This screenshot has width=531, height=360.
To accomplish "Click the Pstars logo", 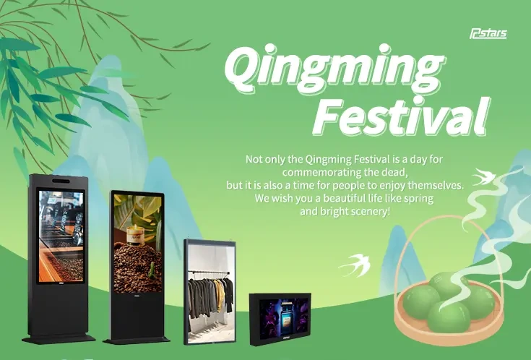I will tap(488, 33).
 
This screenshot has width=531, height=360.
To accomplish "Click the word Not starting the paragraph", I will tap(254, 159).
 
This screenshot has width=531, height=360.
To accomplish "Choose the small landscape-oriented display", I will tap(280, 319).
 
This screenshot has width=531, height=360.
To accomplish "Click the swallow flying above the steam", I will tap(483, 176).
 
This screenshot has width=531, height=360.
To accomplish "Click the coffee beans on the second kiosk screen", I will tap(137, 267).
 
